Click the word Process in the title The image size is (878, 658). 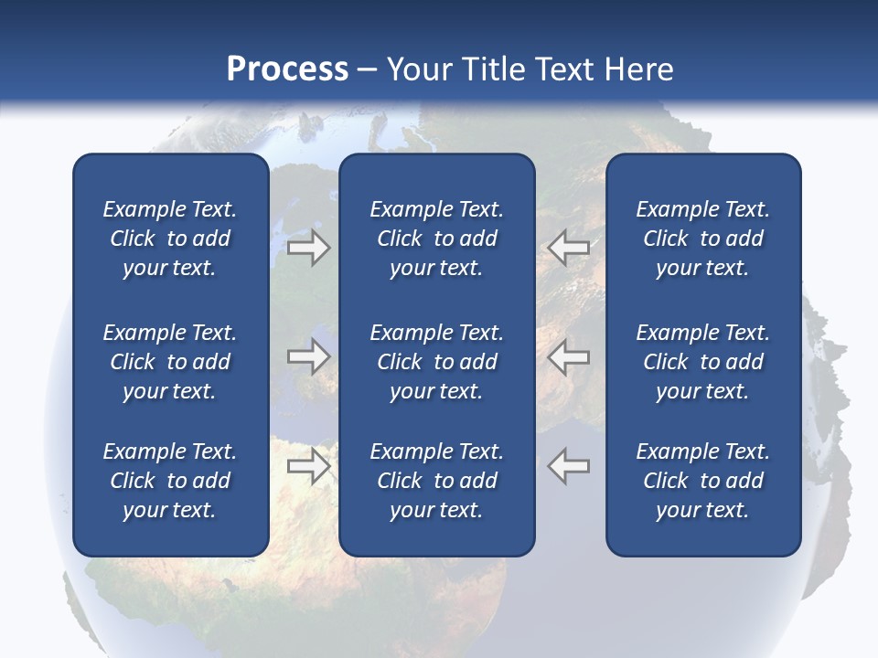click(x=287, y=69)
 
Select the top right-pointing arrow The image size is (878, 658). click(x=309, y=248)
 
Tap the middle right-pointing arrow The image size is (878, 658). click(x=309, y=356)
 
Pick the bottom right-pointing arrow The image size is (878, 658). click(x=309, y=466)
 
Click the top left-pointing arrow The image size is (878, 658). click(x=569, y=248)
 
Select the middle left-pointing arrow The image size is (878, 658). click(x=569, y=356)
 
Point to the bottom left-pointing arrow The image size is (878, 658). click(x=569, y=466)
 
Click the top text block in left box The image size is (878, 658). click(x=170, y=239)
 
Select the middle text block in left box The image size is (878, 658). click(x=170, y=362)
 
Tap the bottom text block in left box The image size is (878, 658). click(x=170, y=481)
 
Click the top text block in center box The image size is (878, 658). click(x=436, y=239)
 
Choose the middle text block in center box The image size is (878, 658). click(x=436, y=362)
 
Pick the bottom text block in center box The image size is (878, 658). click(x=436, y=481)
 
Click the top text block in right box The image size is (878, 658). click(x=702, y=239)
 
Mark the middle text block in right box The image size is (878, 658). click(x=702, y=362)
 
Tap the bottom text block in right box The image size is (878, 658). click(x=702, y=481)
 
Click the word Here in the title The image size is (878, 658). click(x=639, y=69)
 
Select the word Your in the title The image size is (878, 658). click(x=420, y=69)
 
